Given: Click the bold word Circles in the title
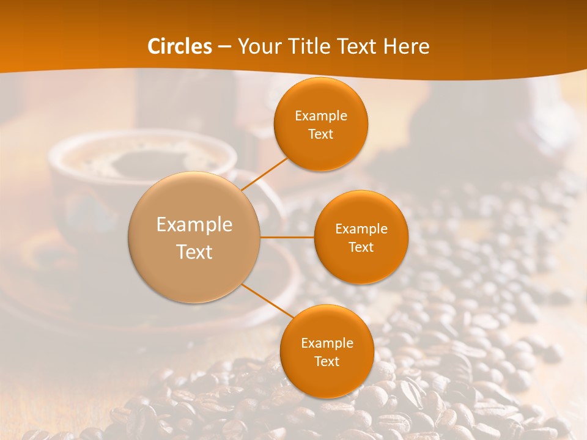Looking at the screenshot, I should [180, 46].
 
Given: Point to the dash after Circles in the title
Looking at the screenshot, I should [224, 47].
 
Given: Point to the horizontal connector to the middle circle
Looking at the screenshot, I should [287, 237].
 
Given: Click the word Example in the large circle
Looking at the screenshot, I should [194, 225].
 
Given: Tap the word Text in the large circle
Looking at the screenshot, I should [194, 252].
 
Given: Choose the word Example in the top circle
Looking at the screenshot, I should [321, 116].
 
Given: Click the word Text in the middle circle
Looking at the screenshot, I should [361, 248].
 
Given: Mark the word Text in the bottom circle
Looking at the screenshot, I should [327, 362].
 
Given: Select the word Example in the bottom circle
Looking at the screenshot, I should [327, 343].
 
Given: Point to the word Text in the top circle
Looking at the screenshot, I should [321, 134].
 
